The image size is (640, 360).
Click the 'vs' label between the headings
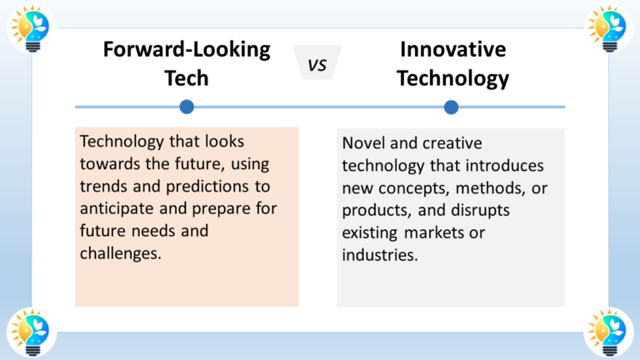318,64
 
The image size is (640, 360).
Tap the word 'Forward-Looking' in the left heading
187,49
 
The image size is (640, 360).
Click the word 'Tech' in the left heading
187,79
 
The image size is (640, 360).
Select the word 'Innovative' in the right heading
452,49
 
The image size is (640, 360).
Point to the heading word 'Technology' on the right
452,79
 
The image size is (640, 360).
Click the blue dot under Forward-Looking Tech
187,107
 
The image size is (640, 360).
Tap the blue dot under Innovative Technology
452,107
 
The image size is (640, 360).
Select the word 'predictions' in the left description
219,185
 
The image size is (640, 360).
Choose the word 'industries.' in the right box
380,255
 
